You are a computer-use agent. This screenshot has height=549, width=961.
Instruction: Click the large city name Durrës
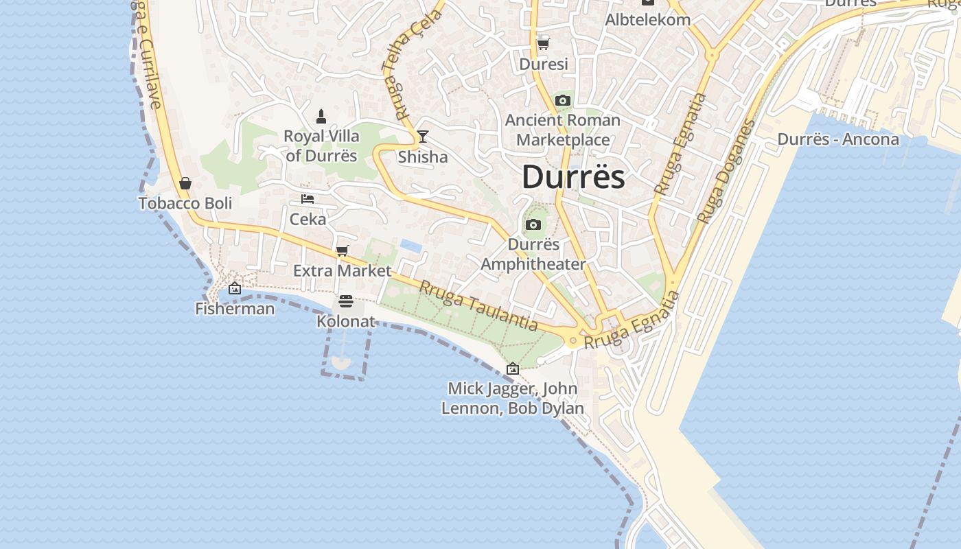click(573, 177)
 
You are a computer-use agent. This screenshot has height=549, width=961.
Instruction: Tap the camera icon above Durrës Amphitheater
click(533, 224)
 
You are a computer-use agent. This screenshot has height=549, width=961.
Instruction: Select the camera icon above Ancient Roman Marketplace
click(563, 101)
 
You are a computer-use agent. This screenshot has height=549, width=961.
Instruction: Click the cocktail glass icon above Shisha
click(423, 136)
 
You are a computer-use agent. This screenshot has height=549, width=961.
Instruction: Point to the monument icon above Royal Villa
click(321, 116)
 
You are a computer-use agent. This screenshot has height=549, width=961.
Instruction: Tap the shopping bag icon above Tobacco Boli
click(185, 183)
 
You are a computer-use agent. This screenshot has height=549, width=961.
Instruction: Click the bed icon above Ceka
click(308, 199)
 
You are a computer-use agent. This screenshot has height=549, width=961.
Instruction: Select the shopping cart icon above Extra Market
click(342, 250)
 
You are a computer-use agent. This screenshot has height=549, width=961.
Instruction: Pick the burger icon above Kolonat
click(345, 301)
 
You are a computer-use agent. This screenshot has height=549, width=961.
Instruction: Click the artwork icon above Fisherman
click(235, 288)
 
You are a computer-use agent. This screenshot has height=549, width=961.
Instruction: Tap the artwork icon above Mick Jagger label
click(512, 369)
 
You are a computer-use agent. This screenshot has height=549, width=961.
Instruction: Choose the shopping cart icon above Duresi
click(543, 44)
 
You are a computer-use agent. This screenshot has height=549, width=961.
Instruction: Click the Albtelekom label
click(647, 19)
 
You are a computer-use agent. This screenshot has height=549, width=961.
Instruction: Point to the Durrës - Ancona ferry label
click(838, 139)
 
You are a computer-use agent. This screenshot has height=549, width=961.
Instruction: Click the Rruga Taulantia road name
click(478, 306)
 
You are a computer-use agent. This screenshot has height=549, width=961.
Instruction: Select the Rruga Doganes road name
click(726, 172)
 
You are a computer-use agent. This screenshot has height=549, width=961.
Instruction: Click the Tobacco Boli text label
click(185, 203)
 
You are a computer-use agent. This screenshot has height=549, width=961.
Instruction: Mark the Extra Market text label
click(342, 270)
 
